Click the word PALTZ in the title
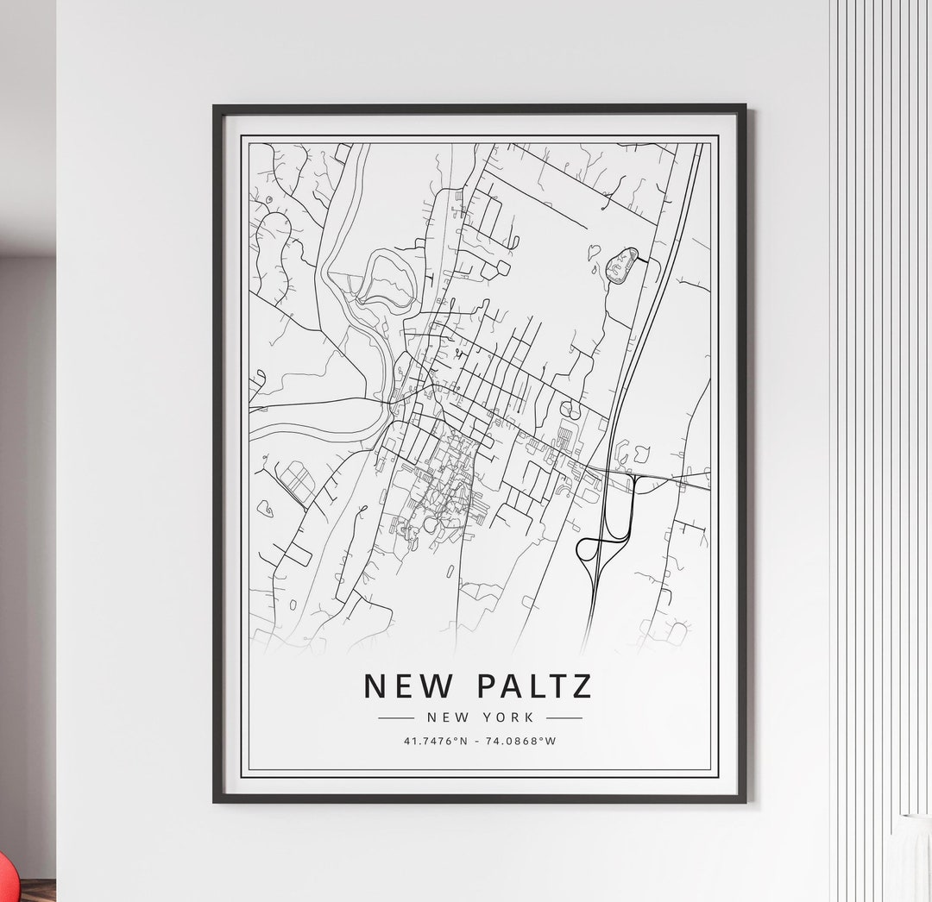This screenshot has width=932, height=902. coord(534,686)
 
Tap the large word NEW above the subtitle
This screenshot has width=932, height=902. coord(408,686)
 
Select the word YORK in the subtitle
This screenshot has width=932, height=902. coord(511,717)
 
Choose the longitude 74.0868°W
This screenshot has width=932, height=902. coord(521,741)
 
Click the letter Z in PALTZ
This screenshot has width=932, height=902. coord(582,686)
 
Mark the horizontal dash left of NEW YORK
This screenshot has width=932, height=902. coord(396,717)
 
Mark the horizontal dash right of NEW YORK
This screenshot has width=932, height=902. coord(564,717)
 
